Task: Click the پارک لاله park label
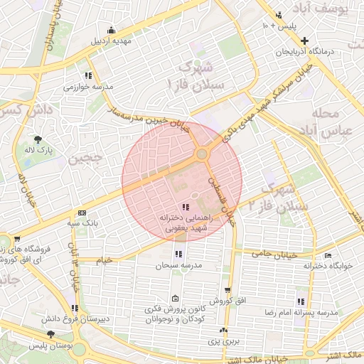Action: (x=37, y=151)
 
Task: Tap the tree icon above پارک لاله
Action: (x=37, y=139)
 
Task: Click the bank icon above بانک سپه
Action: (x=83, y=213)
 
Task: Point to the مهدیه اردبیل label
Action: (x=111, y=41)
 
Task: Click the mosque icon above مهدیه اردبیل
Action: (x=111, y=30)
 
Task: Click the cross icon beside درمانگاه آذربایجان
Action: (x=304, y=41)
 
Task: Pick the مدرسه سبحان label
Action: (x=176, y=264)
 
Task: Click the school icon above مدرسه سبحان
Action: (x=177, y=254)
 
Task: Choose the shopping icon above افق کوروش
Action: (x=227, y=290)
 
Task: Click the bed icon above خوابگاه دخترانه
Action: (x=328, y=255)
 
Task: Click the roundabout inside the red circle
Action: (x=203, y=153)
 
